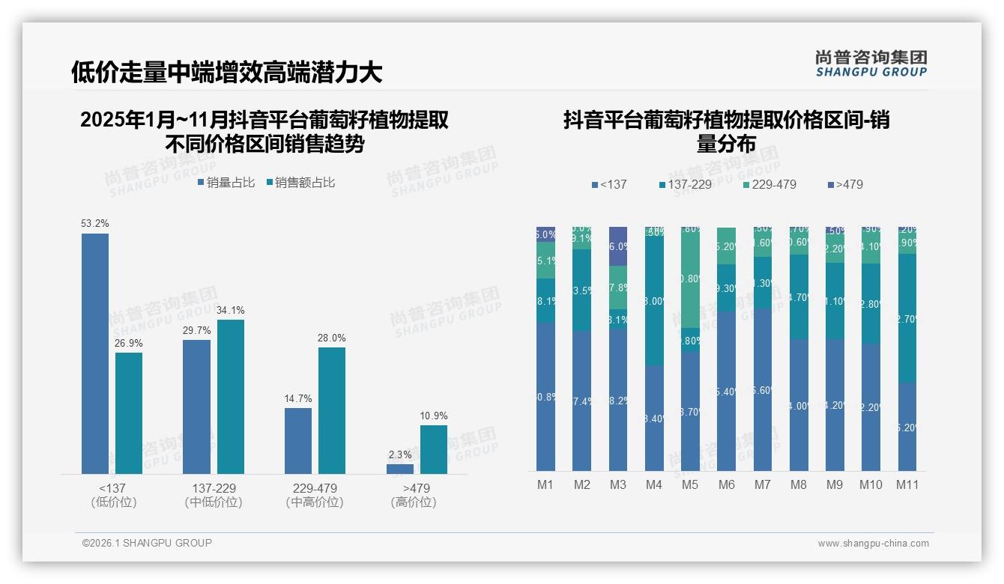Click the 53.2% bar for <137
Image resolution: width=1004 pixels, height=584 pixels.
[x=95, y=353]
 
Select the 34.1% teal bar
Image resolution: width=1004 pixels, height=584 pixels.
[x=231, y=397]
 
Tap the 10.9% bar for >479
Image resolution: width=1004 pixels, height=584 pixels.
[x=433, y=449]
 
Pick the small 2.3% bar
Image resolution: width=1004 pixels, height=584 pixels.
[x=399, y=469]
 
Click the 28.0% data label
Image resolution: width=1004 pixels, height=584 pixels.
[x=332, y=338]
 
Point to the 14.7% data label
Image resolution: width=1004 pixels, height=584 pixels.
[x=297, y=399]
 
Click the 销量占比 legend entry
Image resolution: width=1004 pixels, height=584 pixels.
[x=226, y=183]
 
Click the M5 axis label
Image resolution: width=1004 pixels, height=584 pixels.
[x=689, y=484]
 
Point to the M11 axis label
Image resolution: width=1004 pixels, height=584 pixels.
[x=907, y=484]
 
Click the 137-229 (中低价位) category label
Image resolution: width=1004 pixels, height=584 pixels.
[x=214, y=495]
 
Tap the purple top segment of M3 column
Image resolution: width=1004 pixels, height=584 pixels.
[x=617, y=246]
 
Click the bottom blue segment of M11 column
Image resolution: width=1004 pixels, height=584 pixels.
[x=907, y=427]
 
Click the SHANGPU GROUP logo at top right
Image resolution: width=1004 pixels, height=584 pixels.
[x=871, y=64]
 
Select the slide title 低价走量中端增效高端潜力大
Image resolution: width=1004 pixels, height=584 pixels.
[x=226, y=72]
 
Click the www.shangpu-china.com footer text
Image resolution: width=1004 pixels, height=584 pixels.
[x=873, y=544]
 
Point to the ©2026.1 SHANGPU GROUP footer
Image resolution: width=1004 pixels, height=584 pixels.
[x=147, y=543]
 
